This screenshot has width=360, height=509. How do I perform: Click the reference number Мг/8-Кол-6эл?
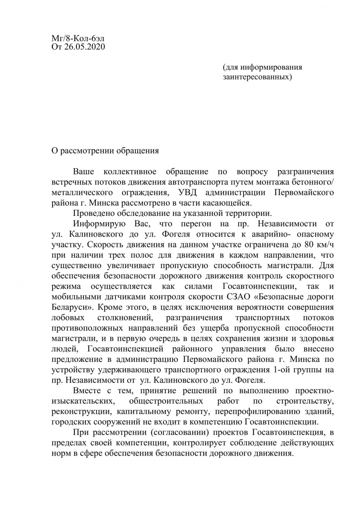tap(78, 39)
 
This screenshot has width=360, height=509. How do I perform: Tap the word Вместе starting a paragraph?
tap(87, 390)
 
